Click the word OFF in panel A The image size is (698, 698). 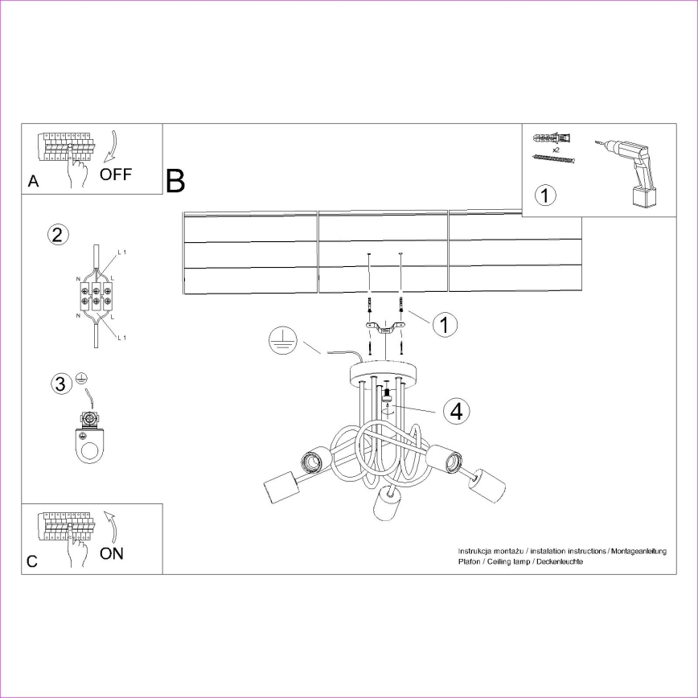(x=116, y=174)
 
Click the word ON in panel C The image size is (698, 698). (x=112, y=553)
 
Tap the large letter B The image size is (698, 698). (x=175, y=182)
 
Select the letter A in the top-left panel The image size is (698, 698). (x=33, y=182)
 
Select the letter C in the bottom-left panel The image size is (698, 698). (x=32, y=562)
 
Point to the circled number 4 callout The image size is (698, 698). (x=456, y=411)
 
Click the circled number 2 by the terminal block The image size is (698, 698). (x=57, y=235)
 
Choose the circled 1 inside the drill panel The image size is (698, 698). (x=545, y=195)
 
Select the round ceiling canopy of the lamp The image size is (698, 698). (x=385, y=373)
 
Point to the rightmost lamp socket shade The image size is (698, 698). (x=488, y=486)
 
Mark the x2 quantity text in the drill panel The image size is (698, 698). (x=554, y=150)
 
